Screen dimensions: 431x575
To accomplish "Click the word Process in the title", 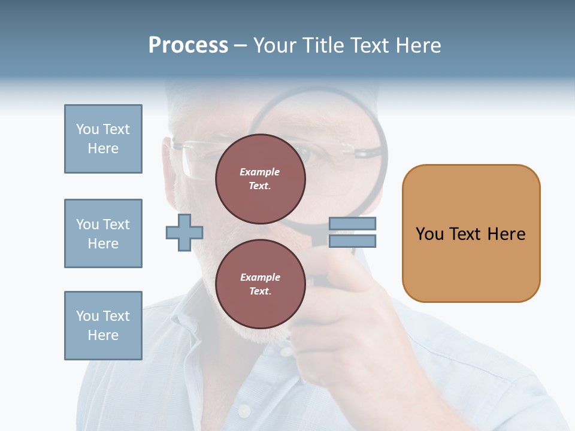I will click(x=188, y=45).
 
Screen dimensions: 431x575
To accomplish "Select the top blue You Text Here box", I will click(x=103, y=139).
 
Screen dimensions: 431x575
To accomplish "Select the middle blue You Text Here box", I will click(x=103, y=233).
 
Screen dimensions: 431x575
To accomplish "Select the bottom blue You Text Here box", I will click(x=103, y=326).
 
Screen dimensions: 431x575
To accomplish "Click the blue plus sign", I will click(x=184, y=232).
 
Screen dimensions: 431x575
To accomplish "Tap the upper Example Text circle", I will click(x=260, y=179).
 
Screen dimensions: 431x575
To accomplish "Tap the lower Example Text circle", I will click(x=260, y=284).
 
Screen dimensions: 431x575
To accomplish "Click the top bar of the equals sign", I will click(x=352, y=224).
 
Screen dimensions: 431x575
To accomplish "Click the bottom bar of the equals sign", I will click(x=352, y=241).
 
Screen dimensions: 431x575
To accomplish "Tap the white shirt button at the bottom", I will click(x=243, y=411).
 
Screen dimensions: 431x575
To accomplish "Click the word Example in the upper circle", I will click(x=260, y=172).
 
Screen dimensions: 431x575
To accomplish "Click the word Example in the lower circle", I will click(x=260, y=277).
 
